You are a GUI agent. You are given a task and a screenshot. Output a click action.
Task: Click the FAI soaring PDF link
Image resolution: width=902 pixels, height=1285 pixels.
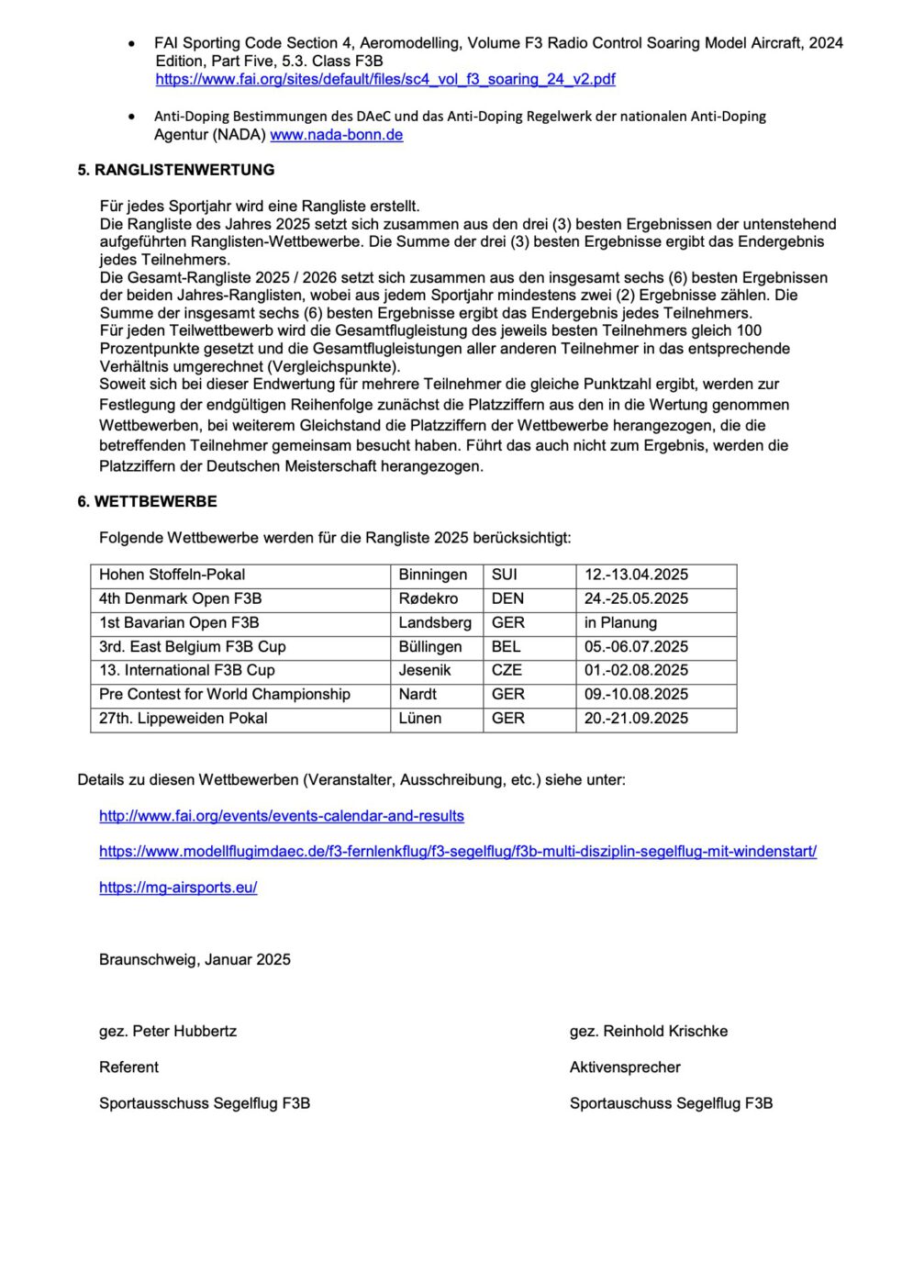(x=385, y=80)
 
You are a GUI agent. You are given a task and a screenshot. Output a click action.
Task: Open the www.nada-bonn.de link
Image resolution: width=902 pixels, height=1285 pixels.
(x=336, y=135)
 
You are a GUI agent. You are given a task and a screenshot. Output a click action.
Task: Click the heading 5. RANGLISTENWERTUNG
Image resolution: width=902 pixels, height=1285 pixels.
(x=175, y=170)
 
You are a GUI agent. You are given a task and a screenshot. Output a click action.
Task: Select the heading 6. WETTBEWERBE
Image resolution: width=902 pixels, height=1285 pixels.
(x=147, y=501)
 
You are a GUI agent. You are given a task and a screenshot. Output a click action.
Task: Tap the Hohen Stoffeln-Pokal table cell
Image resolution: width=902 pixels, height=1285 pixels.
(x=172, y=575)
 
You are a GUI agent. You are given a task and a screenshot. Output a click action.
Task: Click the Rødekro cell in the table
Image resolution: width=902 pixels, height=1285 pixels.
(x=428, y=598)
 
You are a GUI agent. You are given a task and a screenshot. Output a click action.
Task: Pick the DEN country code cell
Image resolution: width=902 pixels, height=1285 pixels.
(x=507, y=598)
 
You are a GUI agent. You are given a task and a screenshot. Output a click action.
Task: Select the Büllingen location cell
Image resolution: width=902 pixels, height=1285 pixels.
(x=429, y=646)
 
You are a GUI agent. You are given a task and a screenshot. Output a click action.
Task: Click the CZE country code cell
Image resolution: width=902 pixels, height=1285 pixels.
(x=507, y=670)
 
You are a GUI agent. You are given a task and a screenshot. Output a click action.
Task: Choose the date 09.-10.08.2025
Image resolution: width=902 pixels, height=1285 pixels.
(x=636, y=694)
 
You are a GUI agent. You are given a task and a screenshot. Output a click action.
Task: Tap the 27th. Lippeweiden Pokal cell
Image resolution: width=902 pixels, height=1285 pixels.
(x=183, y=718)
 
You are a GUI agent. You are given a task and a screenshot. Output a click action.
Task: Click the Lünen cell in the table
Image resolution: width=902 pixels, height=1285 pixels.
(x=419, y=718)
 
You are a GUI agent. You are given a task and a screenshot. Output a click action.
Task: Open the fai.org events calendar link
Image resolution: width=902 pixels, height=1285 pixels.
(x=281, y=816)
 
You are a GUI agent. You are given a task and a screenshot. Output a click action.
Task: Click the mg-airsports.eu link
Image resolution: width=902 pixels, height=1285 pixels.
(x=178, y=888)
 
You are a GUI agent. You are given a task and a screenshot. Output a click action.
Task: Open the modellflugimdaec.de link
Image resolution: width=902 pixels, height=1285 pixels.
(x=457, y=852)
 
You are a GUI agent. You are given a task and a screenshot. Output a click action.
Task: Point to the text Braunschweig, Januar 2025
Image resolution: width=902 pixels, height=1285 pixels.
(x=195, y=959)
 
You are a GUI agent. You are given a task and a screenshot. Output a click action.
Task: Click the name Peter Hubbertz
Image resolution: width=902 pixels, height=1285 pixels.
(x=184, y=1031)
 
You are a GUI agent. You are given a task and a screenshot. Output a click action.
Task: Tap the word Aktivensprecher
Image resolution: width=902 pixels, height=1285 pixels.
(x=624, y=1067)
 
